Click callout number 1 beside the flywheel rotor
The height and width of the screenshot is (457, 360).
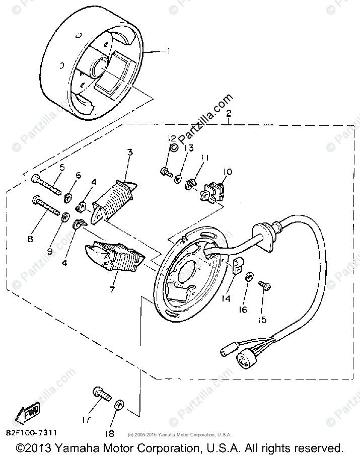click(x=169, y=51)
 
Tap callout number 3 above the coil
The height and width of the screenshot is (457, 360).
click(x=130, y=151)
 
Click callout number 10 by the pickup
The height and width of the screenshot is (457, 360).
click(x=227, y=172)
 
